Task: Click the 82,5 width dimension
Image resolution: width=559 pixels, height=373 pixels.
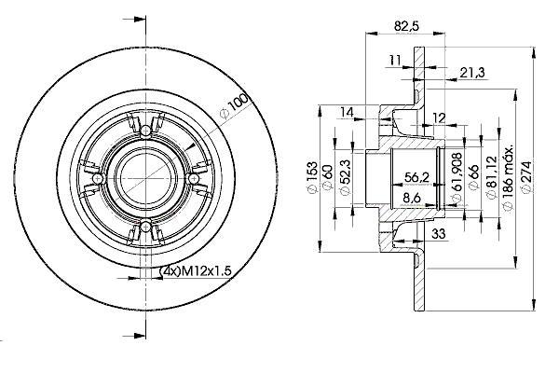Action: (406, 26)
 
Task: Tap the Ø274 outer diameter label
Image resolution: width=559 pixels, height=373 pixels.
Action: (525, 177)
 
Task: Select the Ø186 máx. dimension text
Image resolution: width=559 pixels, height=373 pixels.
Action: (509, 177)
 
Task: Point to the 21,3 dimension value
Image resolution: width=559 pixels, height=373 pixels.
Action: (472, 73)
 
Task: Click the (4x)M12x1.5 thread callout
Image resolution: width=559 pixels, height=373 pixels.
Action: (196, 271)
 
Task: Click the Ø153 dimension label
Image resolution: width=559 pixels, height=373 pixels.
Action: (312, 177)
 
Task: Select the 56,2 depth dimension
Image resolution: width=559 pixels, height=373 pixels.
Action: (416, 177)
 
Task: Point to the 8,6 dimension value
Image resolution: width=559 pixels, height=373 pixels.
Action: (412, 198)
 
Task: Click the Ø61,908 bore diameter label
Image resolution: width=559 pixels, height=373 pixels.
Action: (457, 177)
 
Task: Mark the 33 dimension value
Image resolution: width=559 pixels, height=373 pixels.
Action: (439, 234)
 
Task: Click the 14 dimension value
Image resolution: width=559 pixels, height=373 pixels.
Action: (347, 112)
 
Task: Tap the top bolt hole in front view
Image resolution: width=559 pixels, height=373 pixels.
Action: (146, 131)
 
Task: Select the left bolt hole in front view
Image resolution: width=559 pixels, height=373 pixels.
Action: (97, 178)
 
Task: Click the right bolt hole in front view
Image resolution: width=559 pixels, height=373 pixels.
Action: (193, 178)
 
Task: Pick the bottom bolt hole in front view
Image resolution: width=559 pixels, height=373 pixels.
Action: (145, 226)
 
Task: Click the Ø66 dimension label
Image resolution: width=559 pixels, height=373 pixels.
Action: (473, 177)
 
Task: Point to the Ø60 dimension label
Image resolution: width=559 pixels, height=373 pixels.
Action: (328, 177)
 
